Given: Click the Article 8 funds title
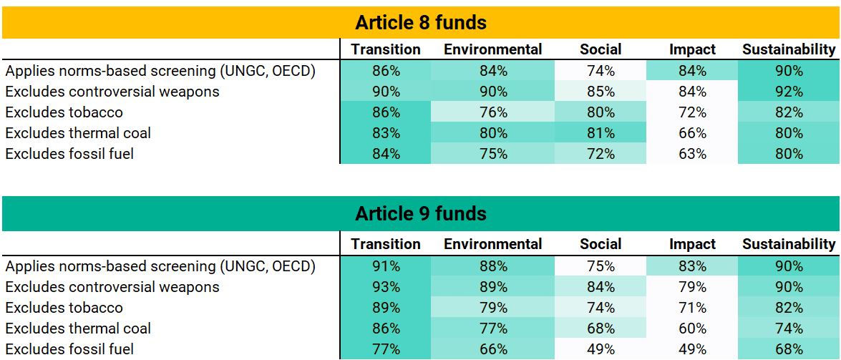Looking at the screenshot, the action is click(421, 23).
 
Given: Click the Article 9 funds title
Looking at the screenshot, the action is click(421, 213).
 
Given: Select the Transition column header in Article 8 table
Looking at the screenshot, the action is click(386, 50).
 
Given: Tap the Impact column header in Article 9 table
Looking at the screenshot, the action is click(692, 245).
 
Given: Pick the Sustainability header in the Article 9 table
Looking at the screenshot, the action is click(789, 245).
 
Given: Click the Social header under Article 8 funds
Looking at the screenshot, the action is click(601, 50).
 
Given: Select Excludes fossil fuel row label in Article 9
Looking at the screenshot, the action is click(69, 349).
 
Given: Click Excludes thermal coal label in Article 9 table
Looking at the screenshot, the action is click(78, 329).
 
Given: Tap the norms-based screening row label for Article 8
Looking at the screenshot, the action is click(160, 71).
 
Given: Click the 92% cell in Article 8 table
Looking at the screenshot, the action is click(789, 91).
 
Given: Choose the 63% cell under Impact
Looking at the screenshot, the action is click(692, 154).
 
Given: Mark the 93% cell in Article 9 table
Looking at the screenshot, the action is click(386, 287).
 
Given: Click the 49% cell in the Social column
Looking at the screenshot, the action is click(601, 349).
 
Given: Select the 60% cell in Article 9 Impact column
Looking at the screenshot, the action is click(692, 329).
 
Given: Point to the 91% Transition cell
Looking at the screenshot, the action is click(386, 266).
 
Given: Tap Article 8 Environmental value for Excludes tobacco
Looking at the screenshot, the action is click(493, 112).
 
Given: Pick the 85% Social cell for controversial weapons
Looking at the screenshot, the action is click(601, 91).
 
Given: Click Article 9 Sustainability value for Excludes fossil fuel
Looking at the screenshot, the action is click(789, 349).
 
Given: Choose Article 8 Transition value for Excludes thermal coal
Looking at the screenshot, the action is click(386, 133).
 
